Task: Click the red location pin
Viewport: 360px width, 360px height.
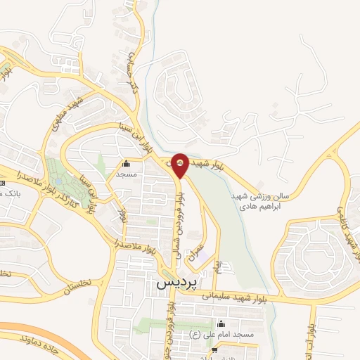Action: click(x=180, y=165)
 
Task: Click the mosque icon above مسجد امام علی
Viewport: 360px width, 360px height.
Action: click(x=223, y=324)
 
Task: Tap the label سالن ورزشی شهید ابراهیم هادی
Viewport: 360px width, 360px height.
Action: click(x=255, y=203)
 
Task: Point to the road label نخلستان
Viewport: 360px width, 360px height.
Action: click(x=67, y=288)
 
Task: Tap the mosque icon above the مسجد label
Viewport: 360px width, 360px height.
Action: click(x=127, y=162)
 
